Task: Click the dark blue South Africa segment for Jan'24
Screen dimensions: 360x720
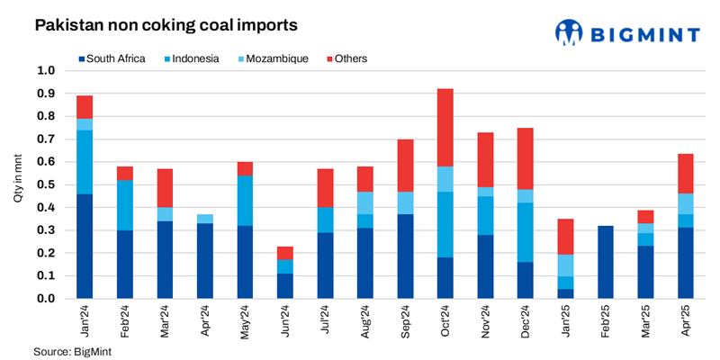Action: [85, 246]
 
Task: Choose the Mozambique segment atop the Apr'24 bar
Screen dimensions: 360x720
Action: [205, 218]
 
